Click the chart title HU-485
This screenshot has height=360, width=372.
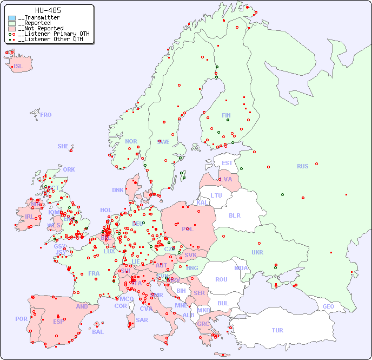48,10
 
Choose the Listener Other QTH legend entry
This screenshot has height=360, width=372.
50,39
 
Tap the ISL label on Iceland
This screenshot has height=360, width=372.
18,67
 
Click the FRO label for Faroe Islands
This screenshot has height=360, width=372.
46,115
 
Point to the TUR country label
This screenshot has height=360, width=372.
277,330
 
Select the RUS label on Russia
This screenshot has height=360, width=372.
302,166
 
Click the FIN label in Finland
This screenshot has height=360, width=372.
226,115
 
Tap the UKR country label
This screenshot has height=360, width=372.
257,252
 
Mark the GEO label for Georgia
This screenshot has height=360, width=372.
328,306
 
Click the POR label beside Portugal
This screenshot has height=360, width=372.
21,319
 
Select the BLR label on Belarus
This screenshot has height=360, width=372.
234,215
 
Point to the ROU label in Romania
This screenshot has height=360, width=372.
221,279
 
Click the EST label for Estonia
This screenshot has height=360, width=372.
227,163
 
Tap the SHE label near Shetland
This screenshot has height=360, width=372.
63,146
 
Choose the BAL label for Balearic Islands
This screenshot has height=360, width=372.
98,332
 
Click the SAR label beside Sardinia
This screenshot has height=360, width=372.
142,320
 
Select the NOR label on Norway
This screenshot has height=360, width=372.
131,141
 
